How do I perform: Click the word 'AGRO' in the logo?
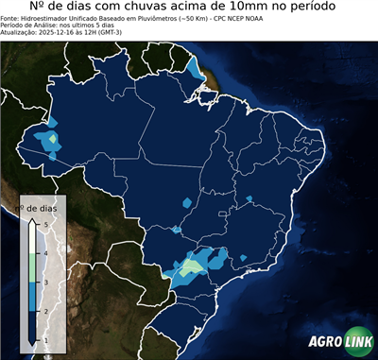pos(324,342)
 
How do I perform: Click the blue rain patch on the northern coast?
pos(194,68)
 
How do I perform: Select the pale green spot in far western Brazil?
pos(53,139)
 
